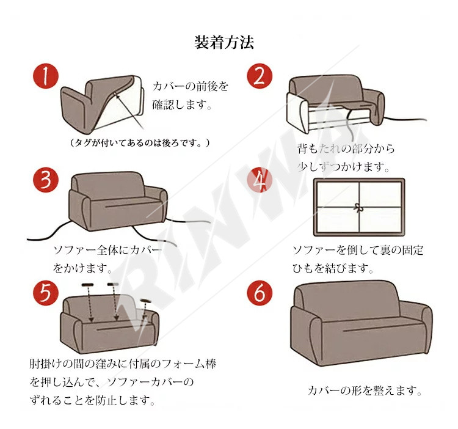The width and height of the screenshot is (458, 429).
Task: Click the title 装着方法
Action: tap(224, 42)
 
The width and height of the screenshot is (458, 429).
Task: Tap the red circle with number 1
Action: tap(46, 76)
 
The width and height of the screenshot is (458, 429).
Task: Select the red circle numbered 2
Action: tap(260, 76)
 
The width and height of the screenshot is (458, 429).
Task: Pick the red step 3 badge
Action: tap(46, 180)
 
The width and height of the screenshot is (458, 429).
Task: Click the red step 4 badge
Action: tap(260, 180)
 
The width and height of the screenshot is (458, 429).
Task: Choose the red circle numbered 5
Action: tap(46, 293)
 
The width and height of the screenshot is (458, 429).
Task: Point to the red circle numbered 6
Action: tap(260, 293)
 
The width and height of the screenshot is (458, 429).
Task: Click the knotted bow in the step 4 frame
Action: tap(358, 208)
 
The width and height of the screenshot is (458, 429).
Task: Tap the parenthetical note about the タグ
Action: tap(140, 142)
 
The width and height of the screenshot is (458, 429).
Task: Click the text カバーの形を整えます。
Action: tap(365, 391)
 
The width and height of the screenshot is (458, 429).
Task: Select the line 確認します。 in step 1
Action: tap(182, 105)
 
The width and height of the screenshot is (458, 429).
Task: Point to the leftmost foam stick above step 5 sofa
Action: tap(87, 285)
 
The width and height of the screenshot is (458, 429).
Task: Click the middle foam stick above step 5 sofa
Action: tap(113, 284)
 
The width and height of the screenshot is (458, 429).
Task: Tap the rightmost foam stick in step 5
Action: tap(145, 301)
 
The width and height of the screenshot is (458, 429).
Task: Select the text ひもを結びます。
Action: tap(333, 268)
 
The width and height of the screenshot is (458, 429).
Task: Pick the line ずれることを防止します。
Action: tap(92, 400)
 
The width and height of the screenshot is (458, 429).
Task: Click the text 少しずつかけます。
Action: tap(343, 167)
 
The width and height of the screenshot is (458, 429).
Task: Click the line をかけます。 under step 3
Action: tap(82, 268)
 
